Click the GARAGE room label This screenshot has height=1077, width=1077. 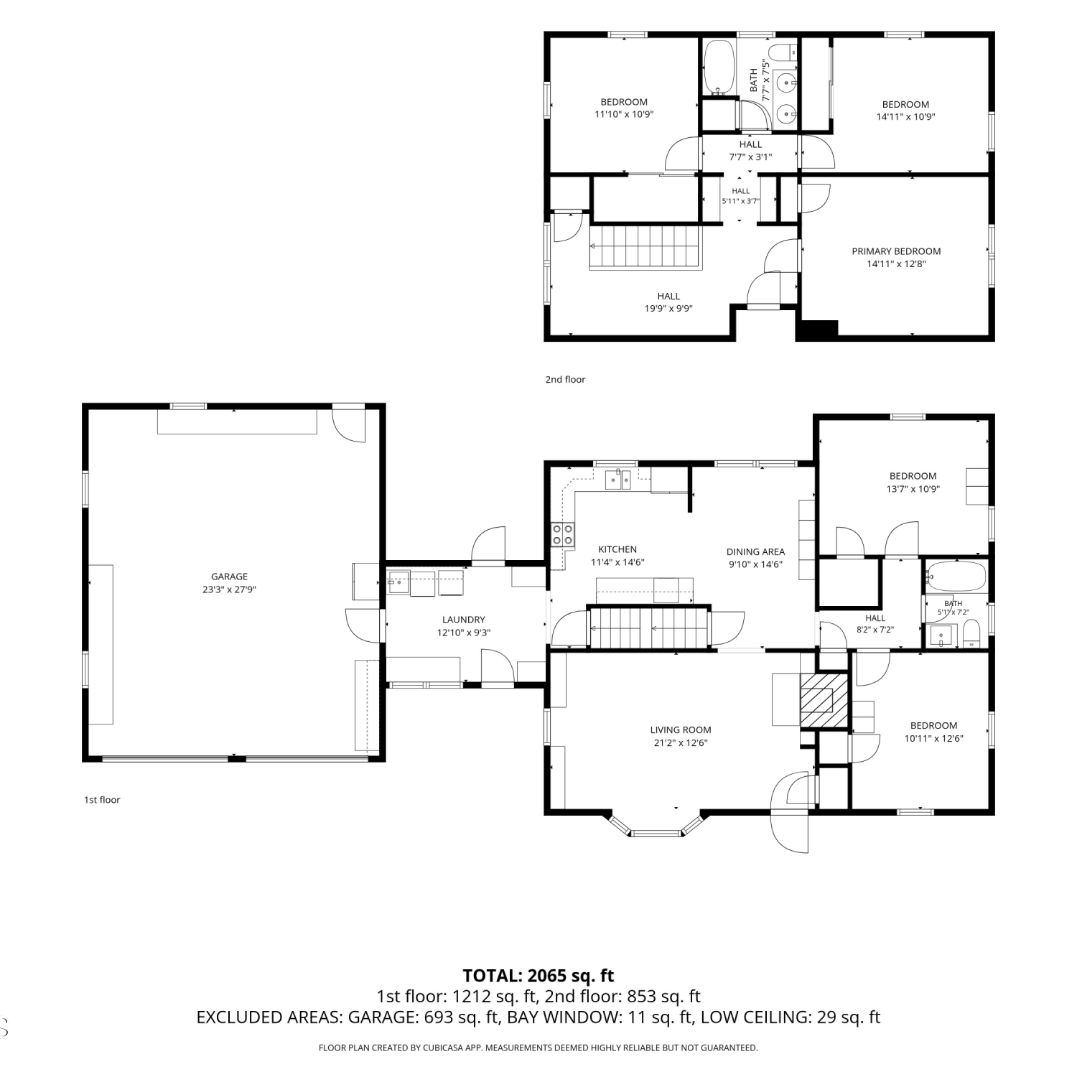tap(229, 577)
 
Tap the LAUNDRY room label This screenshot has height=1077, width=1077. tap(464, 620)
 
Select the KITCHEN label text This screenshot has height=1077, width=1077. tap(617, 549)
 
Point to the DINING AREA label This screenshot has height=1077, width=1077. tap(755, 551)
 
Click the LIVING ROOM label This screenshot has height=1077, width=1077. tap(681, 729)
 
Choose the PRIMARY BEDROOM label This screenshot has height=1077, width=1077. tap(896, 251)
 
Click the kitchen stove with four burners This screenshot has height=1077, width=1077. tap(562, 535)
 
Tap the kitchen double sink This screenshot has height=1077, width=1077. tap(617, 479)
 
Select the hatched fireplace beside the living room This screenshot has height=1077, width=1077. tap(824, 700)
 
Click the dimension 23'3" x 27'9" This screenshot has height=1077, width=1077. tap(229, 589)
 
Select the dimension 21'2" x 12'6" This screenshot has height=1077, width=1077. tap(681, 742)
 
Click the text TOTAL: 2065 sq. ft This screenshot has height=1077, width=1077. tap(538, 976)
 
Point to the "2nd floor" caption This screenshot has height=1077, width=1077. tap(565, 379)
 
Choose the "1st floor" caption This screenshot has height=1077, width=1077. tap(102, 800)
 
